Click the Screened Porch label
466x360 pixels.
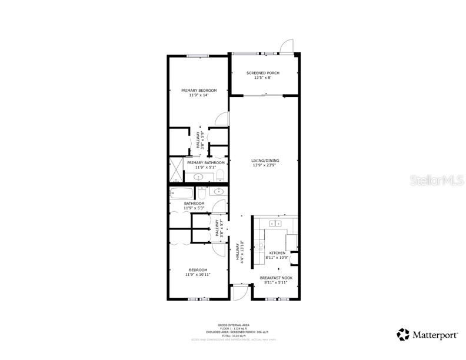(x=262, y=73)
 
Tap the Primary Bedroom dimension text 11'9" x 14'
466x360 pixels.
(x=199, y=95)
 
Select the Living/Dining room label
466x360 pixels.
(x=265, y=161)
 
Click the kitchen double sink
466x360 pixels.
(x=275, y=224)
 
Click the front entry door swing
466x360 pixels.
(x=240, y=293)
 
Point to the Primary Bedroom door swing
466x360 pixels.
(x=221, y=118)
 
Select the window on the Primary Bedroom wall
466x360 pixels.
(x=198, y=56)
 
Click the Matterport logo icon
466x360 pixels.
(x=402, y=334)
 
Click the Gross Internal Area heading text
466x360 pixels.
(x=234, y=324)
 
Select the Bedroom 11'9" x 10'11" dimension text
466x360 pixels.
(x=198, y=275)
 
